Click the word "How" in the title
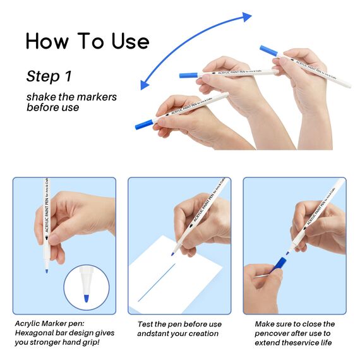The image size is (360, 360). pyautogui.click(x=47, y=41)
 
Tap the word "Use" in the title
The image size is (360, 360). pyautogui.click(x=131, y=41)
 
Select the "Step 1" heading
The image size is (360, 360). pyautogui.click(x=49, y=76)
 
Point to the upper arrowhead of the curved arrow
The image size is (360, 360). pyautogui.click(x=247, y=16)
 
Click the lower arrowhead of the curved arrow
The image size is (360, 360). pyautogui.click(x=145, y=85)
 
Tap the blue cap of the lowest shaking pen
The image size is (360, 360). pyautogui.click(x=144, y=124)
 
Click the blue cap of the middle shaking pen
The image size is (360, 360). pyautogui.click(x=188, y=75)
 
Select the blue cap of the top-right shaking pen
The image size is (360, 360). pyautogui.click(x=268, y=51)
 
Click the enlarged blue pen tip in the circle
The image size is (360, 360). pyautogui.click(x=87, y=298)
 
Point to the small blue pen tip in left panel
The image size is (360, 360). pyautogui.click(x=47, y=271)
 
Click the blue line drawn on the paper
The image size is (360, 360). pyautogui.click(x=157, y=282)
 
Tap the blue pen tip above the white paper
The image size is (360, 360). pyautogui.click(x=172, y=254)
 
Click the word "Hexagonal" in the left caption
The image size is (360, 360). pyautogui.click(x=34, y=333)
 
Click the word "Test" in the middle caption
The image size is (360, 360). pyautogui.click(x=145, y=324)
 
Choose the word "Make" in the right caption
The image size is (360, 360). pyautogui.click(x=264, y=324)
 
